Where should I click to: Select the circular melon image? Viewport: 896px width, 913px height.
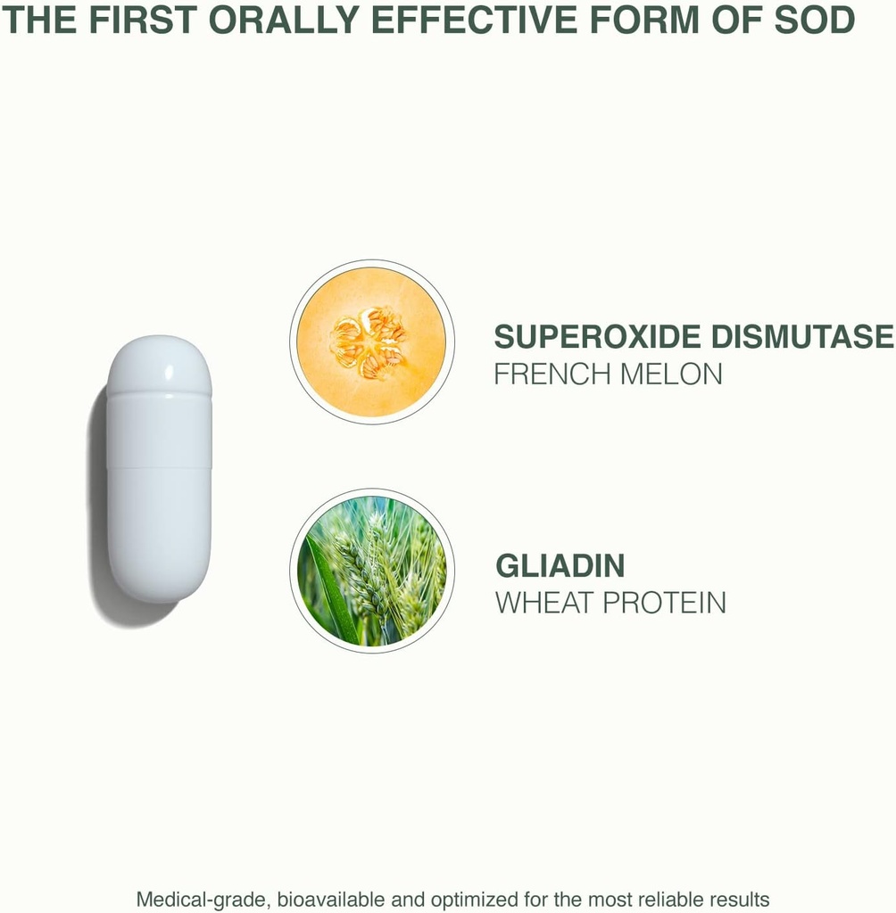(x=371, y=341)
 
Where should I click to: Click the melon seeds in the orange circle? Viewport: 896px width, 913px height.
(x=369, y=341)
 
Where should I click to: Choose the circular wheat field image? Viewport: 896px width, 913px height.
(x=371, y=571)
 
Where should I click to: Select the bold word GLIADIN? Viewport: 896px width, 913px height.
(x=560, y=566)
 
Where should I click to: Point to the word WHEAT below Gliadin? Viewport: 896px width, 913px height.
(x=545, y=603)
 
